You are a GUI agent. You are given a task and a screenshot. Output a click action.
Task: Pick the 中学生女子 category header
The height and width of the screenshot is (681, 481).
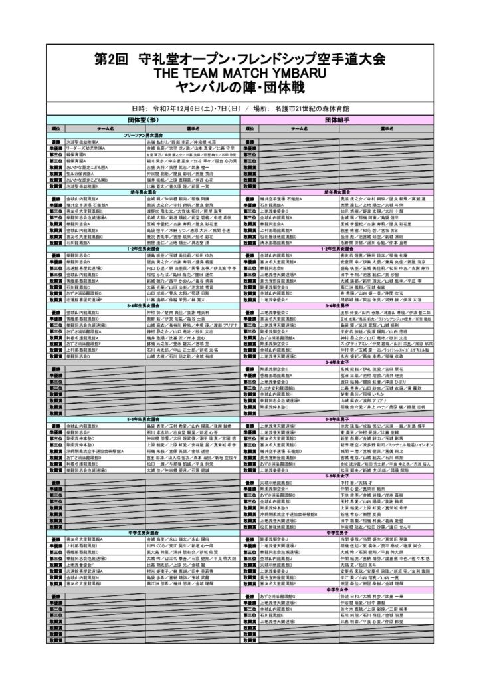pos(338,589)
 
